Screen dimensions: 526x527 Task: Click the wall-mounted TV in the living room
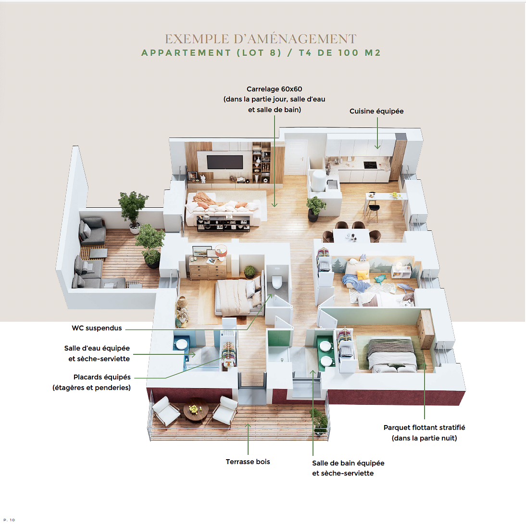[x=225, y=163]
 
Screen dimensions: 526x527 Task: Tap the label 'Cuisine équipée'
[x=376, y=111]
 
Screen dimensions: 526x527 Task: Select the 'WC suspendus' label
[x=97, y=328]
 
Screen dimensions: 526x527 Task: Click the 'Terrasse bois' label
[x=248, y=462]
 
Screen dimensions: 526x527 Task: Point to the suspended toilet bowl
[x=277, y=282]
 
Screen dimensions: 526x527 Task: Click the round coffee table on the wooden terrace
[x=196, y=409]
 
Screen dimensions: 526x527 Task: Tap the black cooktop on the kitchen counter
[x=370, y=164]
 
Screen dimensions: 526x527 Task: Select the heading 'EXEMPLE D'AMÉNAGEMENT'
[x=261, y=39]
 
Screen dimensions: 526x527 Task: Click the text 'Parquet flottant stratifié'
[x=424, y=427]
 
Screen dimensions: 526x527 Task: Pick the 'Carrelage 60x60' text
[x=274, y=89]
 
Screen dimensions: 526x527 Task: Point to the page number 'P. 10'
[x=9, y=520]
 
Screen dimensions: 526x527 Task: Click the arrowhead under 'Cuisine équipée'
[x=377, y=147]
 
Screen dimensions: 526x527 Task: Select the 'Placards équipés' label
[x=102, y=377]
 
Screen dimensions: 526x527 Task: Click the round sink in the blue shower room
[x=182, y=344]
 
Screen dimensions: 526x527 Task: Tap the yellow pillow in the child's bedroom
[x=363, y=275]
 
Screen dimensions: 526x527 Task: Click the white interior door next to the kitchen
[x=296, y=157]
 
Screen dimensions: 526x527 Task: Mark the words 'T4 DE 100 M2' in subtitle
[x=339, y=53]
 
